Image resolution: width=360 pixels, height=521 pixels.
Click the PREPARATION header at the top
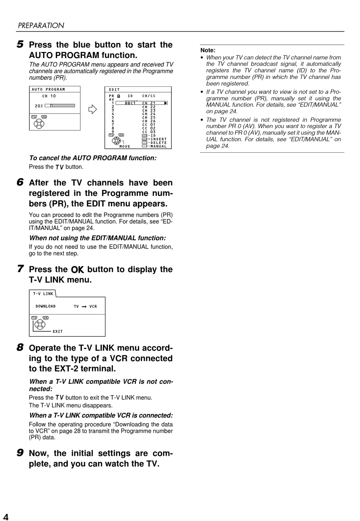41,25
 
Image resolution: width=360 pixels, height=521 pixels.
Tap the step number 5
20,44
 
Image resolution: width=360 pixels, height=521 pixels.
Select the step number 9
20,453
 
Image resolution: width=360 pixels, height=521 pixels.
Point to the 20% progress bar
60,106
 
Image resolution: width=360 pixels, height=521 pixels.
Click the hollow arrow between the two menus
92,110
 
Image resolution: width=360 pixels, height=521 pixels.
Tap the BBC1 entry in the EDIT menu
130,103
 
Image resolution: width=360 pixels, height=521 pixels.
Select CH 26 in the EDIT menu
149,121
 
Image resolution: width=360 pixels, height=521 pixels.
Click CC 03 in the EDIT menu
149,132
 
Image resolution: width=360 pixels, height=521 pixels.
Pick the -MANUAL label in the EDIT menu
157,146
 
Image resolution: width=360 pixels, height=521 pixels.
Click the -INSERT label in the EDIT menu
157,139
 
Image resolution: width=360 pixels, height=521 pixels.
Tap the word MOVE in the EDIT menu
125,147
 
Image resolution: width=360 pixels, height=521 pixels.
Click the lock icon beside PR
119,96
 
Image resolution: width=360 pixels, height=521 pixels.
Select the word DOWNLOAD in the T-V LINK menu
45,306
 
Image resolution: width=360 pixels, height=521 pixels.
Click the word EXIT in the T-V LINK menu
58,332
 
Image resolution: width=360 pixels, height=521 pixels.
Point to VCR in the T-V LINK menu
93,307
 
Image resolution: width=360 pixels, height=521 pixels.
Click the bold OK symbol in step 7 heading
77,269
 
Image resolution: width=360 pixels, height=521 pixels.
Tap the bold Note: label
208,50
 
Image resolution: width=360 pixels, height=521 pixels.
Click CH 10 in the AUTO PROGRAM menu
49,96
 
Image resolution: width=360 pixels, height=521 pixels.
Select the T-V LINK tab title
43,294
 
